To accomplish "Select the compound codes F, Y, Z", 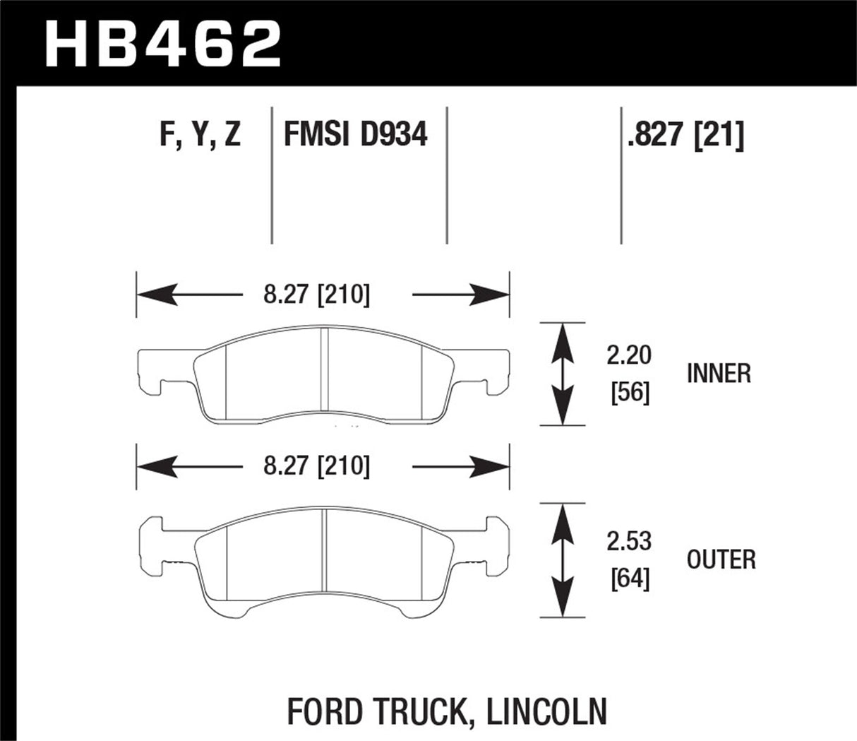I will pos(200,134).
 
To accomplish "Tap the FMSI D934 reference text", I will pos(355,134).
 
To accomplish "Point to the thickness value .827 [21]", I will pos(685,134).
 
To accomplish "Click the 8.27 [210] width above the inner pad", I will pos(316,294).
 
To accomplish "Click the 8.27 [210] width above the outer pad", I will pos(316,466).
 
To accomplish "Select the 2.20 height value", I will pos(628,355).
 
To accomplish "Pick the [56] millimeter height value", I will pos(629,391).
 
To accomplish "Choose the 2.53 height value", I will pos(628,541).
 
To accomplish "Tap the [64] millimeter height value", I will pos(629,579).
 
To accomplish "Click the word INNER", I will pos(719,373).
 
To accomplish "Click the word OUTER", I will pos(721,559).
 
